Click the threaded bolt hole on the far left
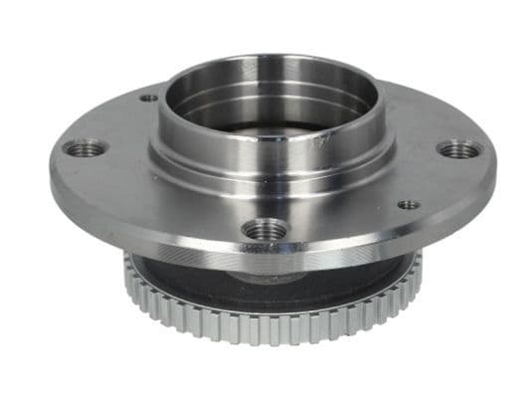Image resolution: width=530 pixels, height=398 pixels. (85, 148)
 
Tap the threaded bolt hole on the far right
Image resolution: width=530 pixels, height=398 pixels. (459, 150)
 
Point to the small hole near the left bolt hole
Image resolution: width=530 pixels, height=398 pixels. (149, 99)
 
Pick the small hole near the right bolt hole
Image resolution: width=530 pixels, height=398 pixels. (409, 205)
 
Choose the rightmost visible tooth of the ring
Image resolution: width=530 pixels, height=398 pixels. (418, 261)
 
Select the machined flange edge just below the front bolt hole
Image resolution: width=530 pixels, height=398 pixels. (264, 255)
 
